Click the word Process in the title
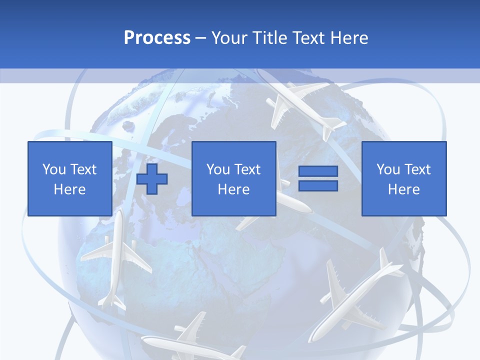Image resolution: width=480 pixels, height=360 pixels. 157,38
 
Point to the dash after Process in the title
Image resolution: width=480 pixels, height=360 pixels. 200,38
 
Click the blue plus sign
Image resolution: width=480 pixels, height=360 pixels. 152,178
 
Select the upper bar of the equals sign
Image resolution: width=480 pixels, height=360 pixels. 318,171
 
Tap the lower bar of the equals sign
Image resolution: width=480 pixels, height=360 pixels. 318,186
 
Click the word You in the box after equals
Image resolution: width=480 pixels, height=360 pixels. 388,169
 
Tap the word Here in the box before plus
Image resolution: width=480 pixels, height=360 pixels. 69,189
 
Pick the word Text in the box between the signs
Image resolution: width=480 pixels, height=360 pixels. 247,169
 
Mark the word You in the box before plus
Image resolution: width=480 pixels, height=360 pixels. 54,169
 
